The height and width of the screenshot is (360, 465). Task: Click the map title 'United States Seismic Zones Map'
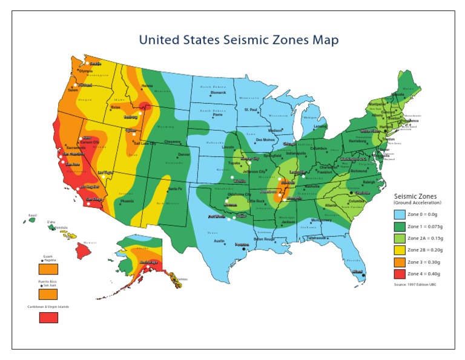[x=239, y=40]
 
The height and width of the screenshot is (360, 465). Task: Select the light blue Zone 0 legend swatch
[x=400, y=214]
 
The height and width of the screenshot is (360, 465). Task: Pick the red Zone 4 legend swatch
[x=400, y=274]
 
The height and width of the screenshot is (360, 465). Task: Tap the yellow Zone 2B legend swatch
[x=400, y=250]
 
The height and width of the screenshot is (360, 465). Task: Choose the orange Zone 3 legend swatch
[x=400, y=262]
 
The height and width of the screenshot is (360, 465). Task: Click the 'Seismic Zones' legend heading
[x=415, y=196]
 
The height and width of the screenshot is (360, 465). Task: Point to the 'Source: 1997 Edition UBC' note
[x=415, y=284]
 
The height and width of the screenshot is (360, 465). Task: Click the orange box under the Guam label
[x=48, y=268]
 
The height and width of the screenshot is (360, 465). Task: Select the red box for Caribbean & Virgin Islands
[x=48, y=317]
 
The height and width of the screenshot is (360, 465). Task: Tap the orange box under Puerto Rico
[x=48, y=294]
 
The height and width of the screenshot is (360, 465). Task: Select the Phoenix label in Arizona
[x=127, y=201]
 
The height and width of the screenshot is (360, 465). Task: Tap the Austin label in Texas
[x=220, y=241]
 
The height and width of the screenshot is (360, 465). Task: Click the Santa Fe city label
[x=175, y=189]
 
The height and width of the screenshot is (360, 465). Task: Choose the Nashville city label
[x=312, y=187]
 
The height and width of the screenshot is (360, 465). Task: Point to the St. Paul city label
[x=251, y=109]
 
